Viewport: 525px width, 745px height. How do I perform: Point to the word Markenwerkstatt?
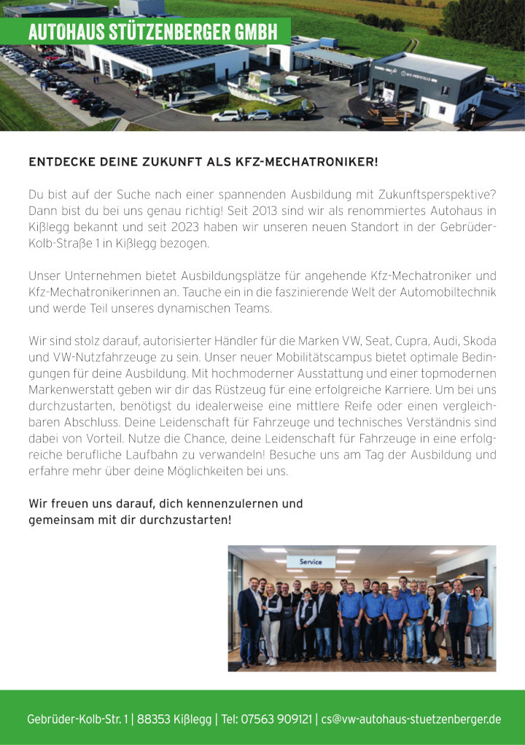(74, 389)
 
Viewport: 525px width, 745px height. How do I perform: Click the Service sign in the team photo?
(311, 562)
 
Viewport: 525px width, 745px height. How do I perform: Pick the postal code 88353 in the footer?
(155, 719)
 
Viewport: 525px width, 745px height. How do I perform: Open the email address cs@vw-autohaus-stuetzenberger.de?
(411, 719)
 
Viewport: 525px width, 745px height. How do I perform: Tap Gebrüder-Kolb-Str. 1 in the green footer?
(75, 719)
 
